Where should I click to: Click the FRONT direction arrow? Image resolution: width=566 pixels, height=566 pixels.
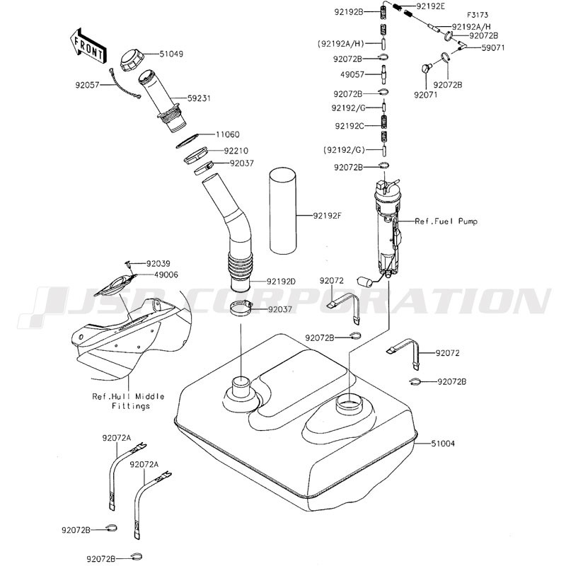tap(88, 46)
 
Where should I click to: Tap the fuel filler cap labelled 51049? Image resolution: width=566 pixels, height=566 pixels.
tap(132, 61)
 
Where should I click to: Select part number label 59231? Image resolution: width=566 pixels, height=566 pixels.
tap(199, 98)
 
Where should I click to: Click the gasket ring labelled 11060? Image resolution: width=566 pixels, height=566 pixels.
tap(187, 141)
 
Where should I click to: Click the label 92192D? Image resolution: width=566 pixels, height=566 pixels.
tap(281, 281)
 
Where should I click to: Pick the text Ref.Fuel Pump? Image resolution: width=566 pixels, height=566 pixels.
tap(446, 221)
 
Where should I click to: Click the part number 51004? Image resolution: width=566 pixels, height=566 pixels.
tap(443, 443)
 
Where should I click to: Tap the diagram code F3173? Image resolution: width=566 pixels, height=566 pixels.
tap(478, 15)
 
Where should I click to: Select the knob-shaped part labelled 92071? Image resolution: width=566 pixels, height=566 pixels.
tap(427, 68)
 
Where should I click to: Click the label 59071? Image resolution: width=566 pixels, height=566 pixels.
tap(493, 47)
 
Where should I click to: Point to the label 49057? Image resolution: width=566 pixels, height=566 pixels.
tap(352, 75)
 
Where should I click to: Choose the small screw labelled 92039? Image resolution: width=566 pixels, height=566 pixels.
tap(129, 264)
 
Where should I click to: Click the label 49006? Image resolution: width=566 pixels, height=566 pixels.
tap(166, 275)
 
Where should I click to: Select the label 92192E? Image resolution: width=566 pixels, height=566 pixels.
tap(431, 6)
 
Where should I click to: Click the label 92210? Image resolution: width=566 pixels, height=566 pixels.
tap(236, 151)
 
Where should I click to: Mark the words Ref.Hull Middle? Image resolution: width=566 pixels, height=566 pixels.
tap(128, 396)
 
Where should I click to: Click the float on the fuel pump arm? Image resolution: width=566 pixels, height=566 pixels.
tap(364, 282)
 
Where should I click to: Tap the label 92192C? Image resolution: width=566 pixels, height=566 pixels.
tap(350, 126)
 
